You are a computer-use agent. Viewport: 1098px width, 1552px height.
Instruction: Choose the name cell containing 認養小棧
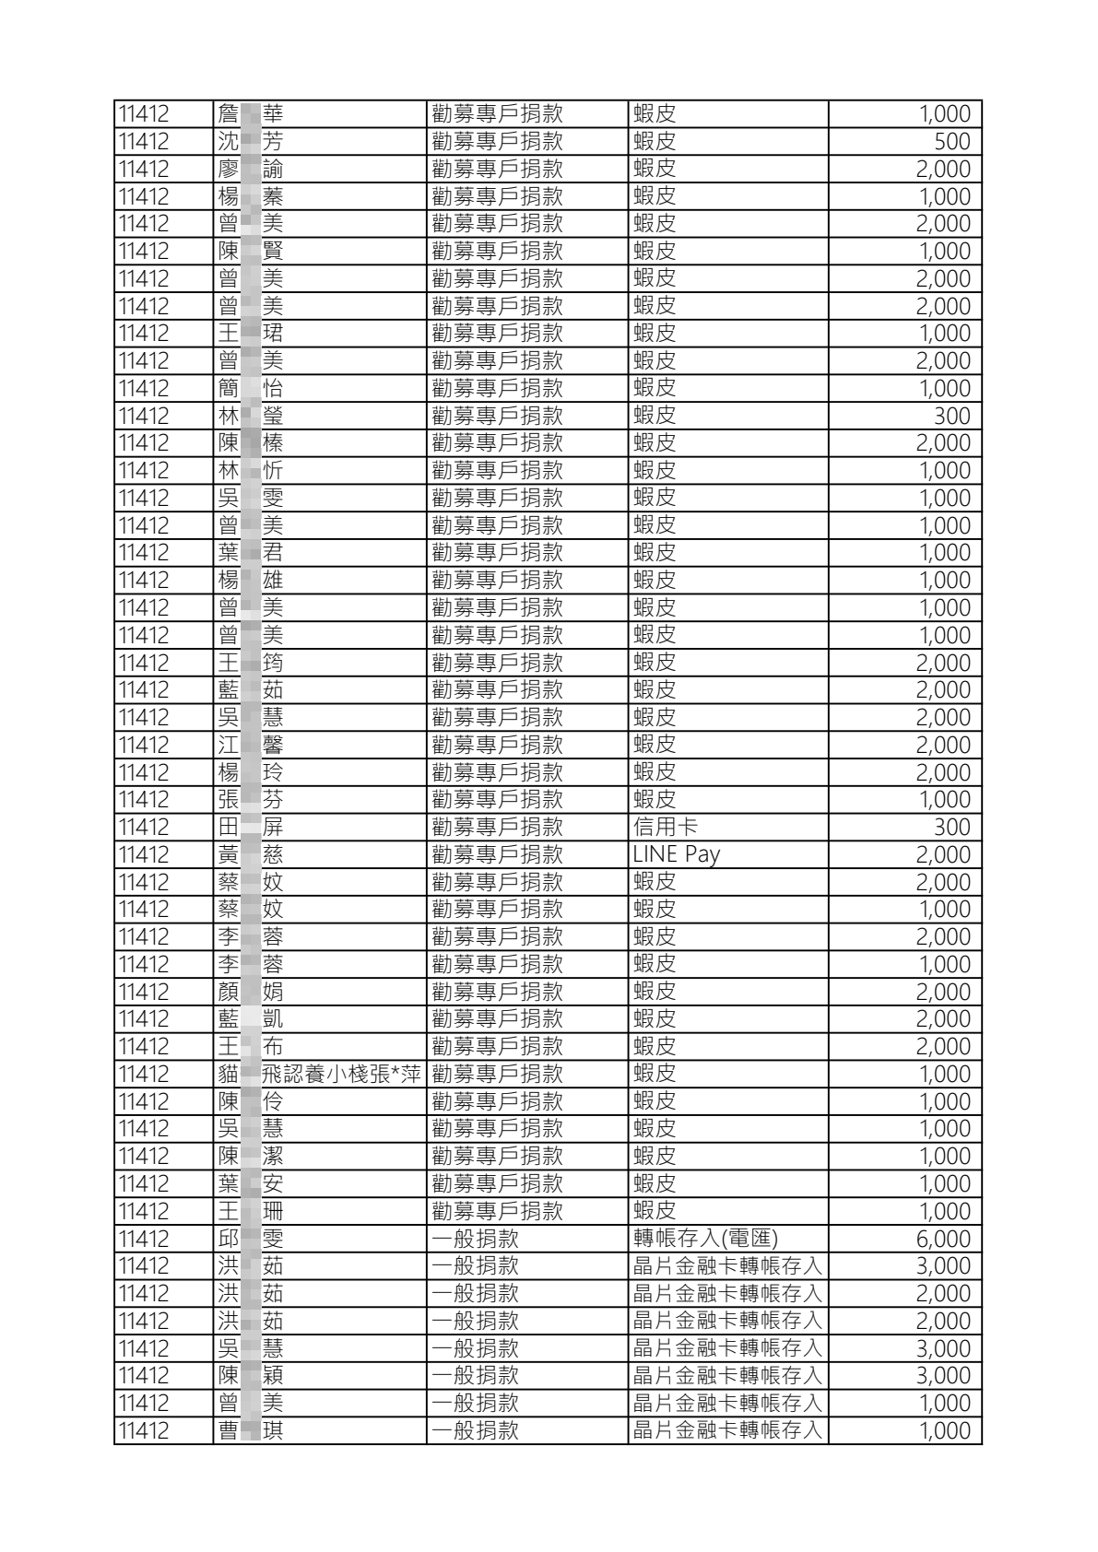[x=319, y=1074]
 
